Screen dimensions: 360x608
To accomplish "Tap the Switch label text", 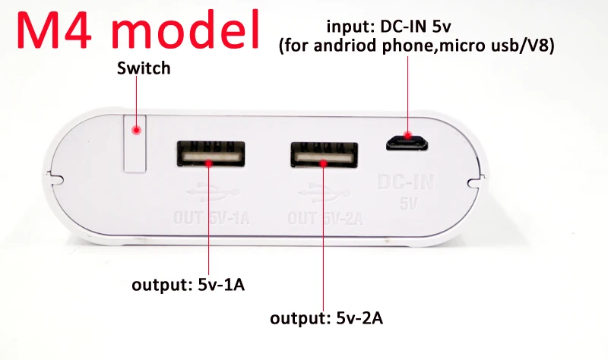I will (x=144, y=68).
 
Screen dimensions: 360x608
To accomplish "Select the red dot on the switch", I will (x=137, y=131).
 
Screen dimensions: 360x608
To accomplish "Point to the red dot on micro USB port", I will (x=408, y=137).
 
